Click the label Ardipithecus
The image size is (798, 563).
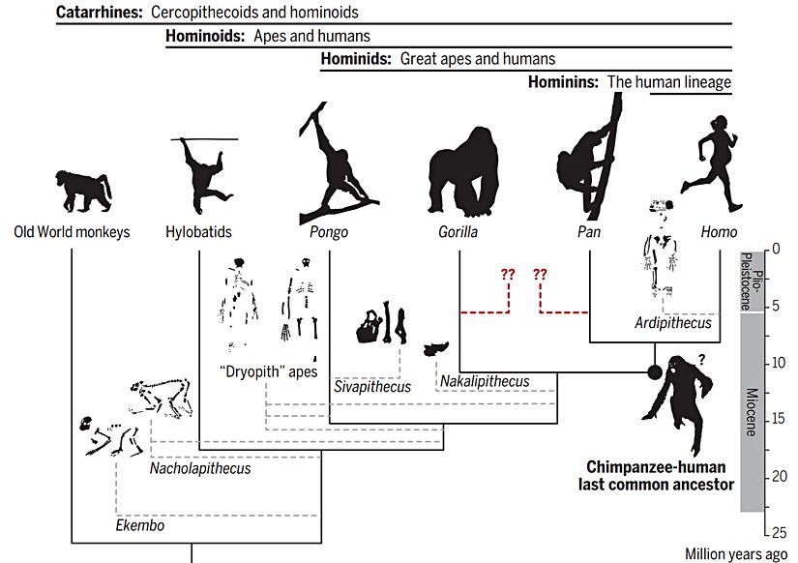click(x=673, y=323)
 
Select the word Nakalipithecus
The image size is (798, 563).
click(x=485, y=382)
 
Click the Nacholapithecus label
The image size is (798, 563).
click(x=200, y=469)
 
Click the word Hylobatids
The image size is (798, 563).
click(x=198, y=232)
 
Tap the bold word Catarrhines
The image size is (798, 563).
click(x=101, y=13)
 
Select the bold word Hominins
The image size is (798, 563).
click(x=563, y=82)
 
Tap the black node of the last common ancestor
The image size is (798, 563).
click(x=654, y=371)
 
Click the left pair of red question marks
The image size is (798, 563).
click(x=508, y=274)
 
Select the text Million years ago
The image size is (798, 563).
click(x=737, y=554)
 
